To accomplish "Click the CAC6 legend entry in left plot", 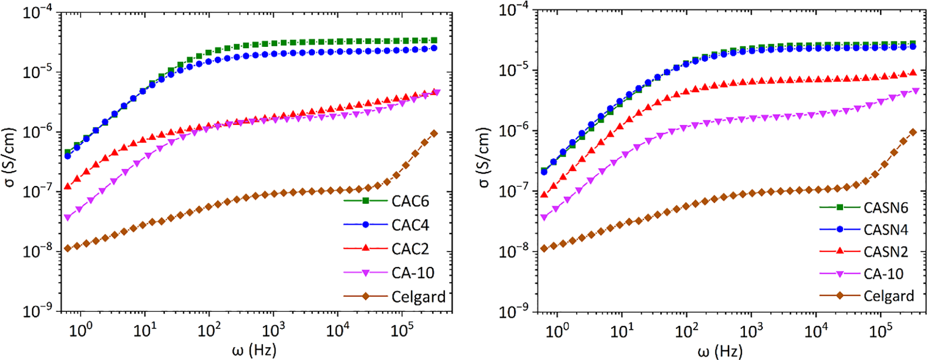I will tap(410, 201).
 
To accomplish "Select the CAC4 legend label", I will tap(410, 225).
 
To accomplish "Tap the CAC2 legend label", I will tap(410, 249).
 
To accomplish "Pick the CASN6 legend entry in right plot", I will tap(886, 208).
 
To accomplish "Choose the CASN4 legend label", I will tap(886, 230).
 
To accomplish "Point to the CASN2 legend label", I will tap(886, 252).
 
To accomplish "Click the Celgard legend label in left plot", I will tap(418, 297).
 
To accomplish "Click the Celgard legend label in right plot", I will tap(888, 296).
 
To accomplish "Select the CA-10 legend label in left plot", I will tap(413, 273).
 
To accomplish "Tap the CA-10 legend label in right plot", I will tap(883, 274).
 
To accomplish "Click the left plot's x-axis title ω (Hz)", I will tap(254, 350).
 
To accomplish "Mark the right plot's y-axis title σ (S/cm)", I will tap(483, 158).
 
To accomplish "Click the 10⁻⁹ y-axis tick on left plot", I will tap(38, 310).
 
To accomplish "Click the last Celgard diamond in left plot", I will tap(434, 133).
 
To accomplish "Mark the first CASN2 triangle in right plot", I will tap(544, 195).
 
